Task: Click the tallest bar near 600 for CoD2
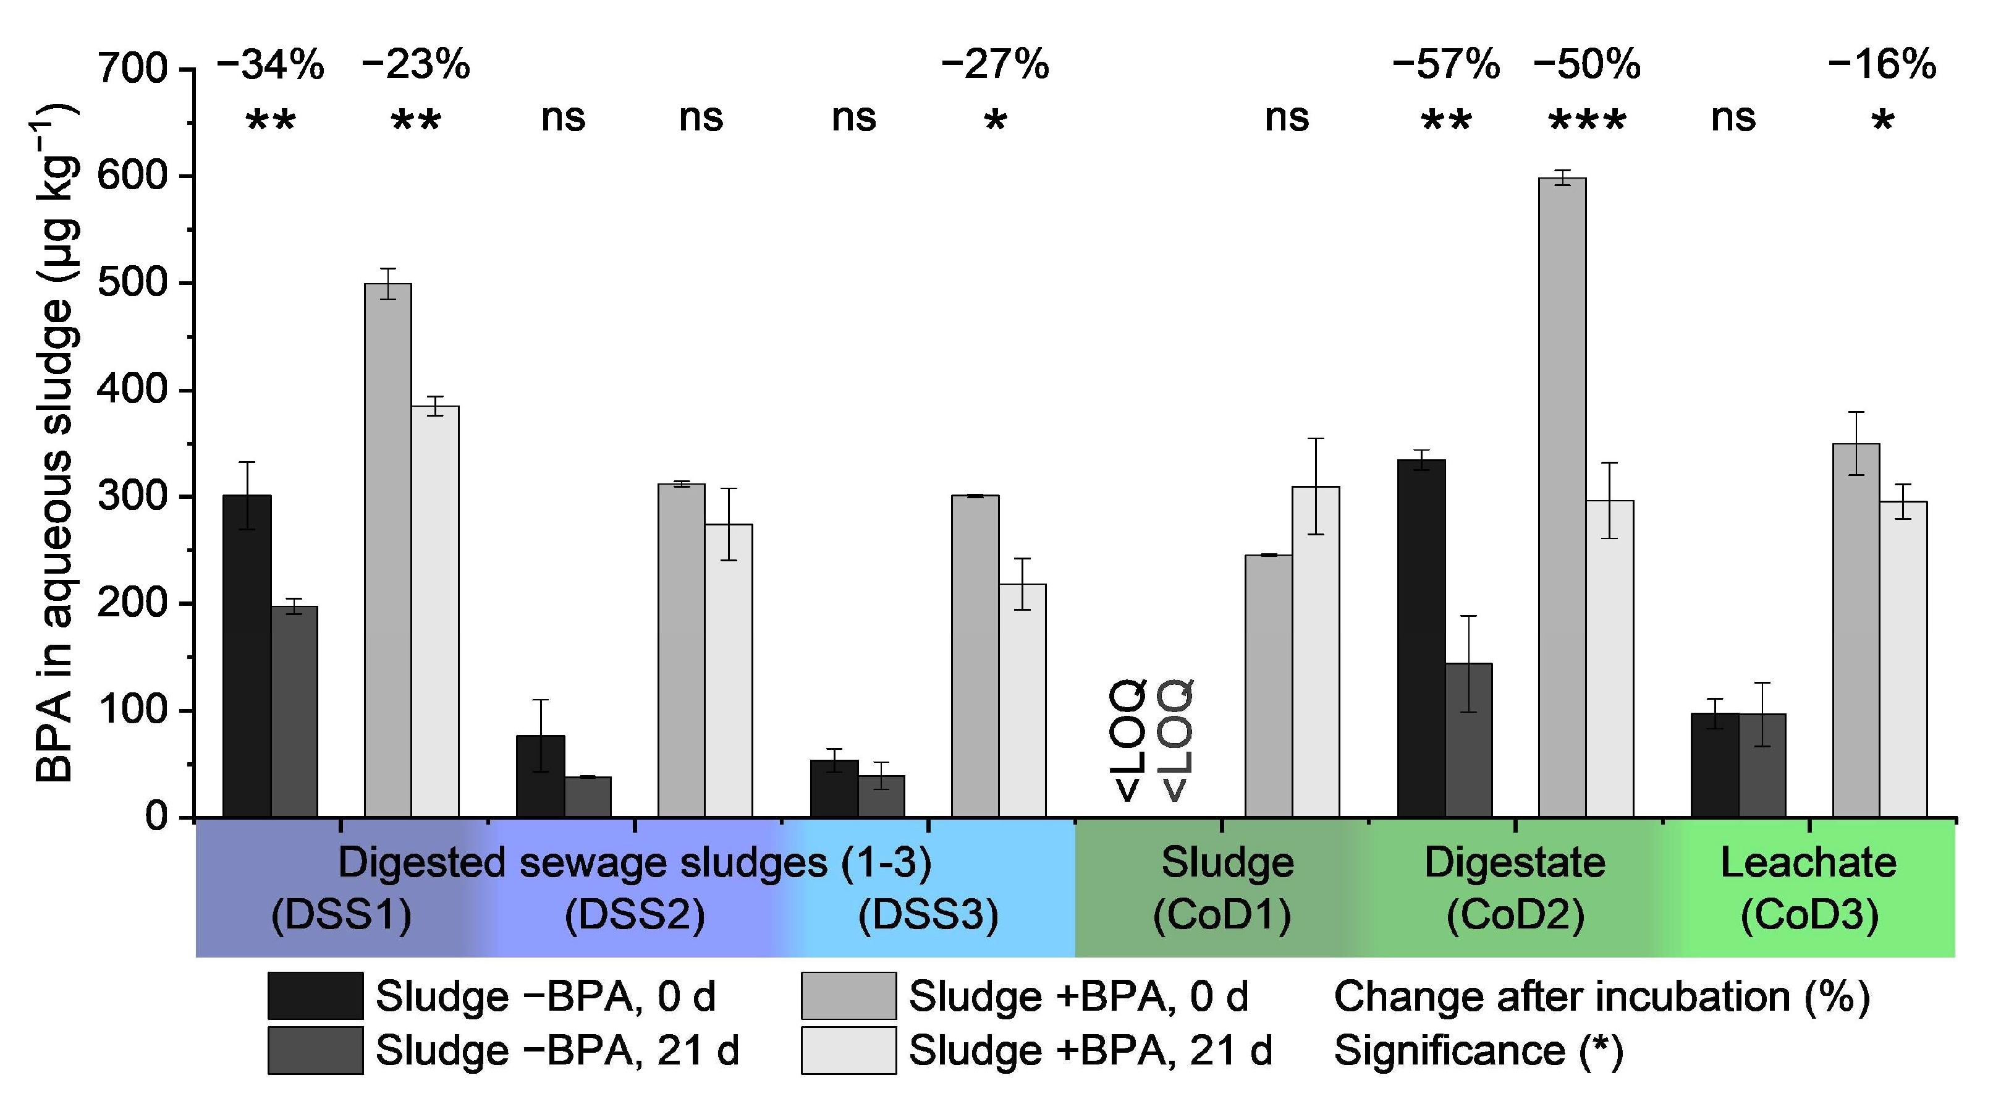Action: [x=1562, y=497]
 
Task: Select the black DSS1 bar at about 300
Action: [x=247, y=656]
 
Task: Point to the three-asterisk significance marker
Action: [x=1586, y=121]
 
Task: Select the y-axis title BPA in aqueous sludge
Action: [x=54, y=443]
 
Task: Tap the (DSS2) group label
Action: [x=635, y=914]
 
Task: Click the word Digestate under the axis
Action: [x=1514, y=862]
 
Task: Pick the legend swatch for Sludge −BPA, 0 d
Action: [x=315, y=995]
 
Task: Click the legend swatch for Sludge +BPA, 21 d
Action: [x=848, y=1050]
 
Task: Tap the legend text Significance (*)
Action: [x=1478, y=1050]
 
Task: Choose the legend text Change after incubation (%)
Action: [x=1602, y=996]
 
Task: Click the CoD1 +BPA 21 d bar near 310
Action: [x=1315, y=653]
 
